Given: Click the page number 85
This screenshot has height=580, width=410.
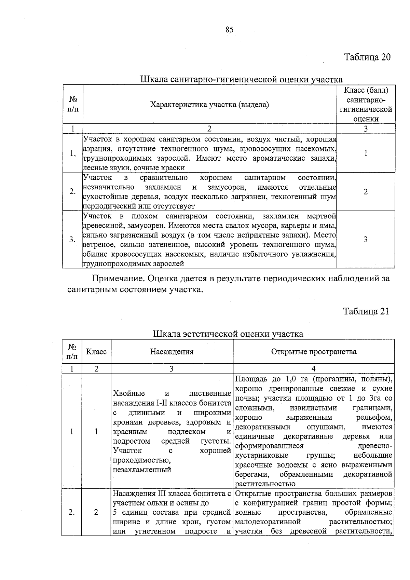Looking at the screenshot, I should tap(229, 30).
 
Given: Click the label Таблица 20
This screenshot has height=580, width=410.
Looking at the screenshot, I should tap(367, 57).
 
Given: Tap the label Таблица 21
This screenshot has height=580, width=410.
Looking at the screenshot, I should tap(366, 311).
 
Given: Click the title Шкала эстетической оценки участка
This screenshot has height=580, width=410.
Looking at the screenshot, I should tap(228, 334).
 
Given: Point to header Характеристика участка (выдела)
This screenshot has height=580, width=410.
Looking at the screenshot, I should tap(209, 105).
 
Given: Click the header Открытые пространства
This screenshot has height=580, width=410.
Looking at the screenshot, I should tap(313, 352).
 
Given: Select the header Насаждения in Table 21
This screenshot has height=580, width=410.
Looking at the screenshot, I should tap(172, 352).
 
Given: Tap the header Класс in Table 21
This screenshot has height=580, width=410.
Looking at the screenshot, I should tap(96, 352).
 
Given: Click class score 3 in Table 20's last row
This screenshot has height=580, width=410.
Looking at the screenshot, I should tap(365, 239).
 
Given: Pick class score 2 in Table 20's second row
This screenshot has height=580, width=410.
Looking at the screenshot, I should tap(366, 192).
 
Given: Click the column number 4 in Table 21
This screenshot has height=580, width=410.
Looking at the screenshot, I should tap(313, 369).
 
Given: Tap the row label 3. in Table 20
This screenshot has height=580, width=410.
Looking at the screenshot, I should tap(72, 240).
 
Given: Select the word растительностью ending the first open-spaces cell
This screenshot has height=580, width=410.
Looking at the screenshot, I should tap(265, 484).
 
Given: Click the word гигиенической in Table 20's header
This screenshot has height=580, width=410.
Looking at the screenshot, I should tap(366, 110).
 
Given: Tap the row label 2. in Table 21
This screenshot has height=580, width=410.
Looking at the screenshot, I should tap(72, 512).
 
